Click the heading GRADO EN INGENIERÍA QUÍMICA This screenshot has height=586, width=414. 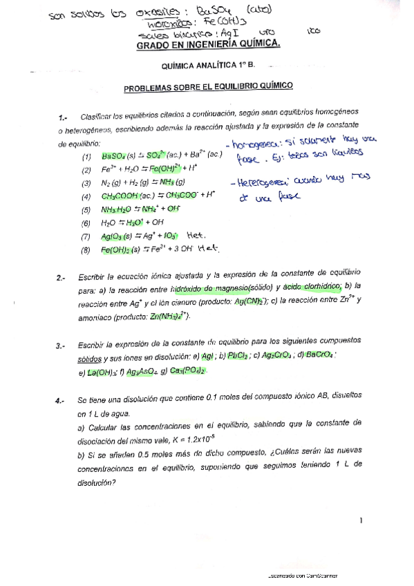pos(209,44)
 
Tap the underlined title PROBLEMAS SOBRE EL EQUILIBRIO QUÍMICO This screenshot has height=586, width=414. pos(208,87)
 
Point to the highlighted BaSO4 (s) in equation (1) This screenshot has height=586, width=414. pos(117,156)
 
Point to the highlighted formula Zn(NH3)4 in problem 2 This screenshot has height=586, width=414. pos(169,316)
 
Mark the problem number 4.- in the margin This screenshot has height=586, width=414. pos(60,401)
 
